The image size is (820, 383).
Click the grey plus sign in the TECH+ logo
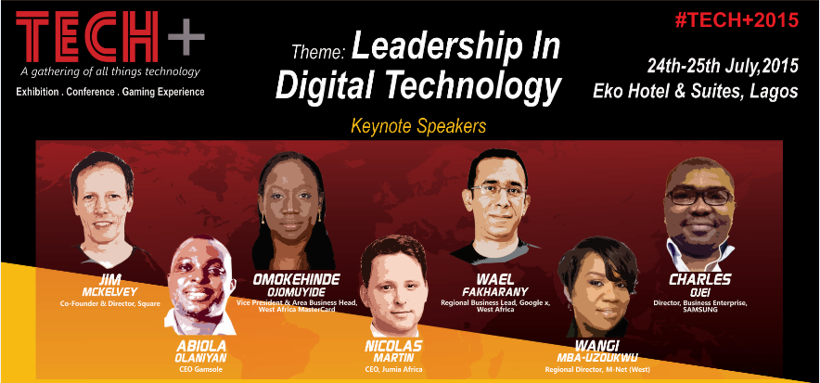186,36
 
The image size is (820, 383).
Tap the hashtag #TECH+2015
737,19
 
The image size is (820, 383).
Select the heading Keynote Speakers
418,126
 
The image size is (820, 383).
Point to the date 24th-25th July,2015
723,66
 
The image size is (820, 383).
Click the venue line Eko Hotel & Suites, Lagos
696,91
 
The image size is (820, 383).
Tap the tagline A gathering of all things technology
109,71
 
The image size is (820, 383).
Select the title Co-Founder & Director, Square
109,303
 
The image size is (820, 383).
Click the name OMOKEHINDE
297,279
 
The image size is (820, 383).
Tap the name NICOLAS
393,347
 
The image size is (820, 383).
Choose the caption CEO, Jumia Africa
393,370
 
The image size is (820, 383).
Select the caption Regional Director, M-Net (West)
599,370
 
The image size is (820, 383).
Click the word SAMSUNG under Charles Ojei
699,310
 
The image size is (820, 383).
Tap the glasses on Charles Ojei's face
699,197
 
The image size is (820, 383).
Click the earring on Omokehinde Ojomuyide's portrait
263,217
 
